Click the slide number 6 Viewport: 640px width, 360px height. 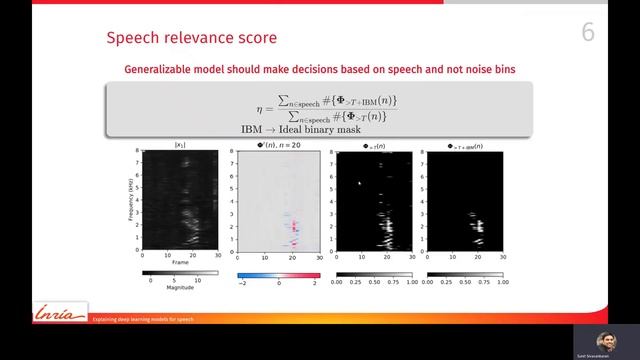(x=588, y=33)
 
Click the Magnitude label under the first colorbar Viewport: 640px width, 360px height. (x=180, y=289)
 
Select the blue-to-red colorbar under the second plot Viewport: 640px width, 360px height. (x=277, y=272)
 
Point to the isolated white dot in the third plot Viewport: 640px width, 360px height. (x=359, y=182)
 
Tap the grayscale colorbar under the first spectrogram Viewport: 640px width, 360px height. (x=180, y=272)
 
